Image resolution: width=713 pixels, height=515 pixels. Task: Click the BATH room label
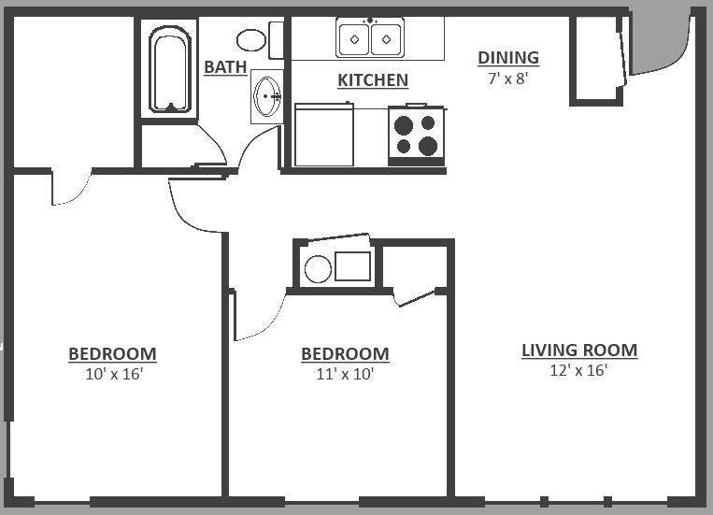[225, 67]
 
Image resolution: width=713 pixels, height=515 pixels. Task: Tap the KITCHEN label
[373, 80]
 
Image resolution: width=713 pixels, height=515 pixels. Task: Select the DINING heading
[508, 58]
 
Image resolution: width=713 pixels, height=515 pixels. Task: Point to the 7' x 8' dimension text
[508, 79]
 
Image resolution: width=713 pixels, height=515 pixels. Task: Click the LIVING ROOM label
[579, 350]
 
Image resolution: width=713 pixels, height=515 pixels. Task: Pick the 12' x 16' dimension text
[578, 370]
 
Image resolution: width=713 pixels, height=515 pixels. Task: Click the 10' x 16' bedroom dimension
[114, 374]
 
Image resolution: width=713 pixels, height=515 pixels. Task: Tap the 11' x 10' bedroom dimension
[345, 374]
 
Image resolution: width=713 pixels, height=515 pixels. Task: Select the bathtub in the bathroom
[170, 69]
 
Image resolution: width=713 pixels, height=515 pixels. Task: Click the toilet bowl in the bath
[251, 40]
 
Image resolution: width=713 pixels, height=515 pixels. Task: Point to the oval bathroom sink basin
[267, 96]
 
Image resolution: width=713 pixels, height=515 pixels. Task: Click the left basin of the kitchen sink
[354, 39]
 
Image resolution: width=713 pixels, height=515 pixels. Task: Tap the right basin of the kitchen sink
[386, 39]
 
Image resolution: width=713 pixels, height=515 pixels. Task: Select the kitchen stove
[416, 136]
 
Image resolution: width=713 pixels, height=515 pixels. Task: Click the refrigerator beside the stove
[323, 135]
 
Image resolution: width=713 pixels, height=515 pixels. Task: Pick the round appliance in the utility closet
[318, 269]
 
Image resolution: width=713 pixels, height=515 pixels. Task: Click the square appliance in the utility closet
[353, 266]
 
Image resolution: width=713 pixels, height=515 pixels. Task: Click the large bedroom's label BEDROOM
[112, 354]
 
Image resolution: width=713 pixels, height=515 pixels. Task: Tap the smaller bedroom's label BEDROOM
[345, 354]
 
